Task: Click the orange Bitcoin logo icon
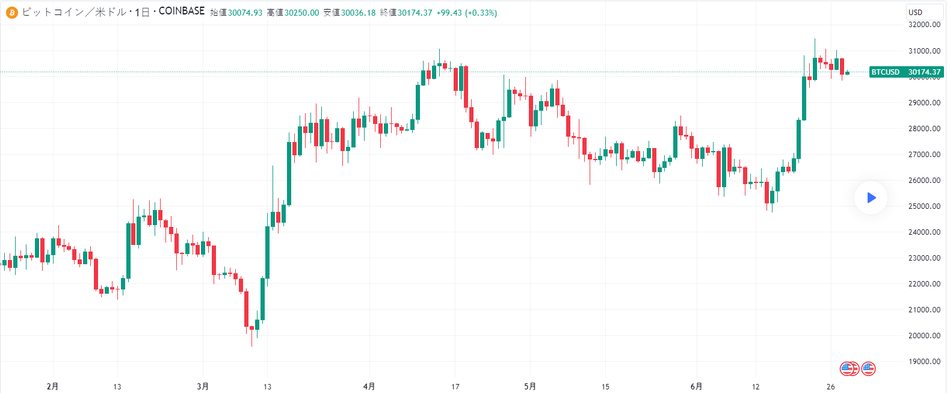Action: [11, 12]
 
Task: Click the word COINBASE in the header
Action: [182, 11]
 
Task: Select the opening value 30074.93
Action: [245, 13]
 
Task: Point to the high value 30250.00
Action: [301, 13]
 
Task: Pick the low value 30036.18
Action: [358, 13]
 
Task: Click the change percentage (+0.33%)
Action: [481, 13]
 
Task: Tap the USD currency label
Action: [915, 12]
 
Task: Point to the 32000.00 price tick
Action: [924, 25]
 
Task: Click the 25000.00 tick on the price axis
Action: [924, 206]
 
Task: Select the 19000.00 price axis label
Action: [924, 361]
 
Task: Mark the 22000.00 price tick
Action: [924, 283]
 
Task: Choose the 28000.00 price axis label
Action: [924, 128]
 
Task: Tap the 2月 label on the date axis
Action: [52, 386]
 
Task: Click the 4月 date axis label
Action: [369, 386]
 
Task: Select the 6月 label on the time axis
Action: [696, 386]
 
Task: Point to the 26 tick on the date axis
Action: [831, 386]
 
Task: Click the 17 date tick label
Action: [455, 386]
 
